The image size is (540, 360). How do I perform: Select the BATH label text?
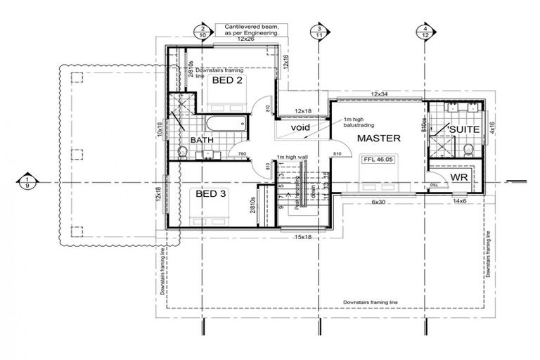tap(202, 141)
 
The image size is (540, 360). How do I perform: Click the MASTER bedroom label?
tap(378, 138)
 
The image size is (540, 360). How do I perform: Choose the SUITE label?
tap(465, 130)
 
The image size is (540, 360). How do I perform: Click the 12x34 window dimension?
tap(380, 94)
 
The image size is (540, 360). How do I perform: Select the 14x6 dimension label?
tap(459, 202)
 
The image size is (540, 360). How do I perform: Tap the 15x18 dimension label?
tap(303, 237)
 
